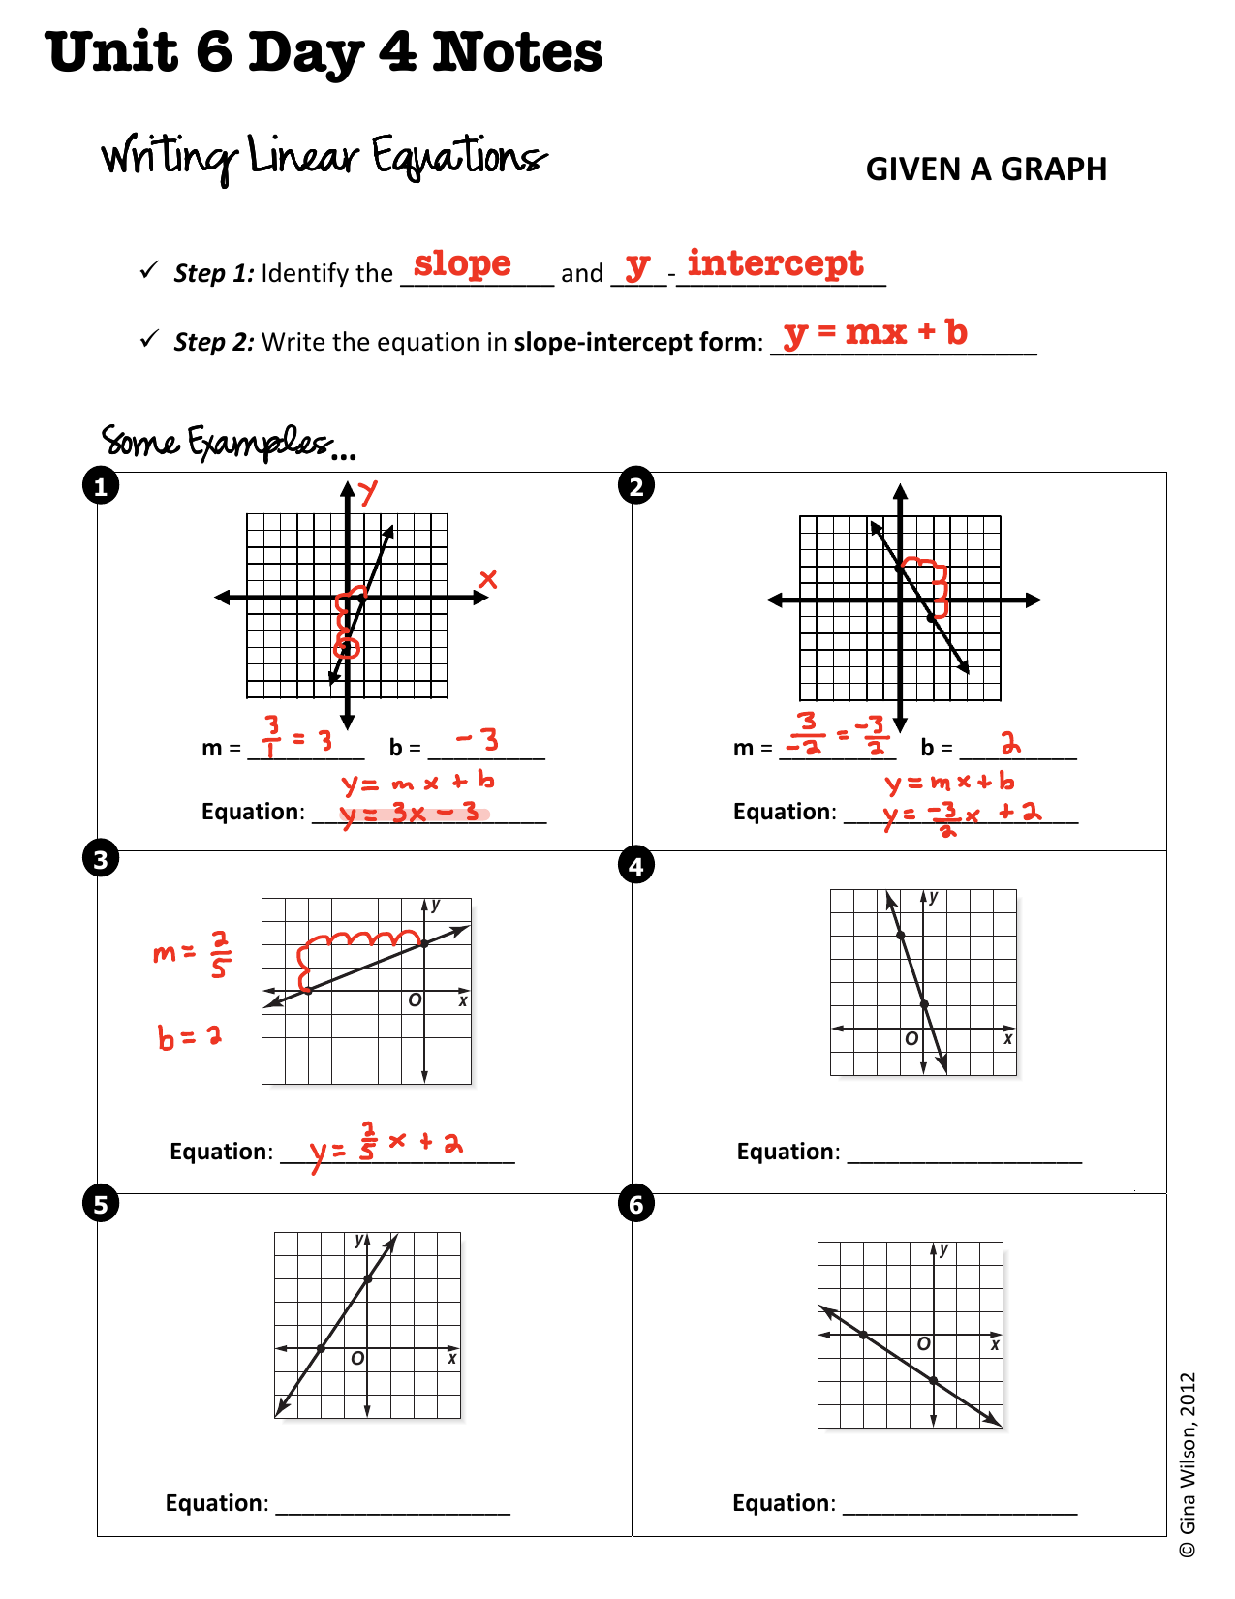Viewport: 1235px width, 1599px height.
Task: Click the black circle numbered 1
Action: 101,486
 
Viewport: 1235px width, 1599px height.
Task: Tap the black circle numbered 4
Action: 635,866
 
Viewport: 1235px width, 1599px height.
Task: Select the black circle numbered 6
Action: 635,1205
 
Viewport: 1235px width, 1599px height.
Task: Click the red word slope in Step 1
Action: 462,264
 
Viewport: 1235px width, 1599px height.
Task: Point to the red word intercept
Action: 775,263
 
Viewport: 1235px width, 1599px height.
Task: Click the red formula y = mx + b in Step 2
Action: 876,332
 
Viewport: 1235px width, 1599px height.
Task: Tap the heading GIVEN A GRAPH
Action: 985,169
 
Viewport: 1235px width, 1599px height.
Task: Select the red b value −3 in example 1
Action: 479,741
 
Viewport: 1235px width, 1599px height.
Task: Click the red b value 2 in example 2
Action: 1010,744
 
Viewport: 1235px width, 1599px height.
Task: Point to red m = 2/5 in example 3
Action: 192,954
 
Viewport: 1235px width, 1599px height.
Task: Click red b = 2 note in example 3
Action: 190,1037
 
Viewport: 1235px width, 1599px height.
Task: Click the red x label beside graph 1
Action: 488,579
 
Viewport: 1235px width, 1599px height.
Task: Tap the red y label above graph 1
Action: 368,492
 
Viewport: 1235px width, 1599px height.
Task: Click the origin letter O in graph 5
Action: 357,1359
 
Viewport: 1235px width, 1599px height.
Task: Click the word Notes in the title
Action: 517,52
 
